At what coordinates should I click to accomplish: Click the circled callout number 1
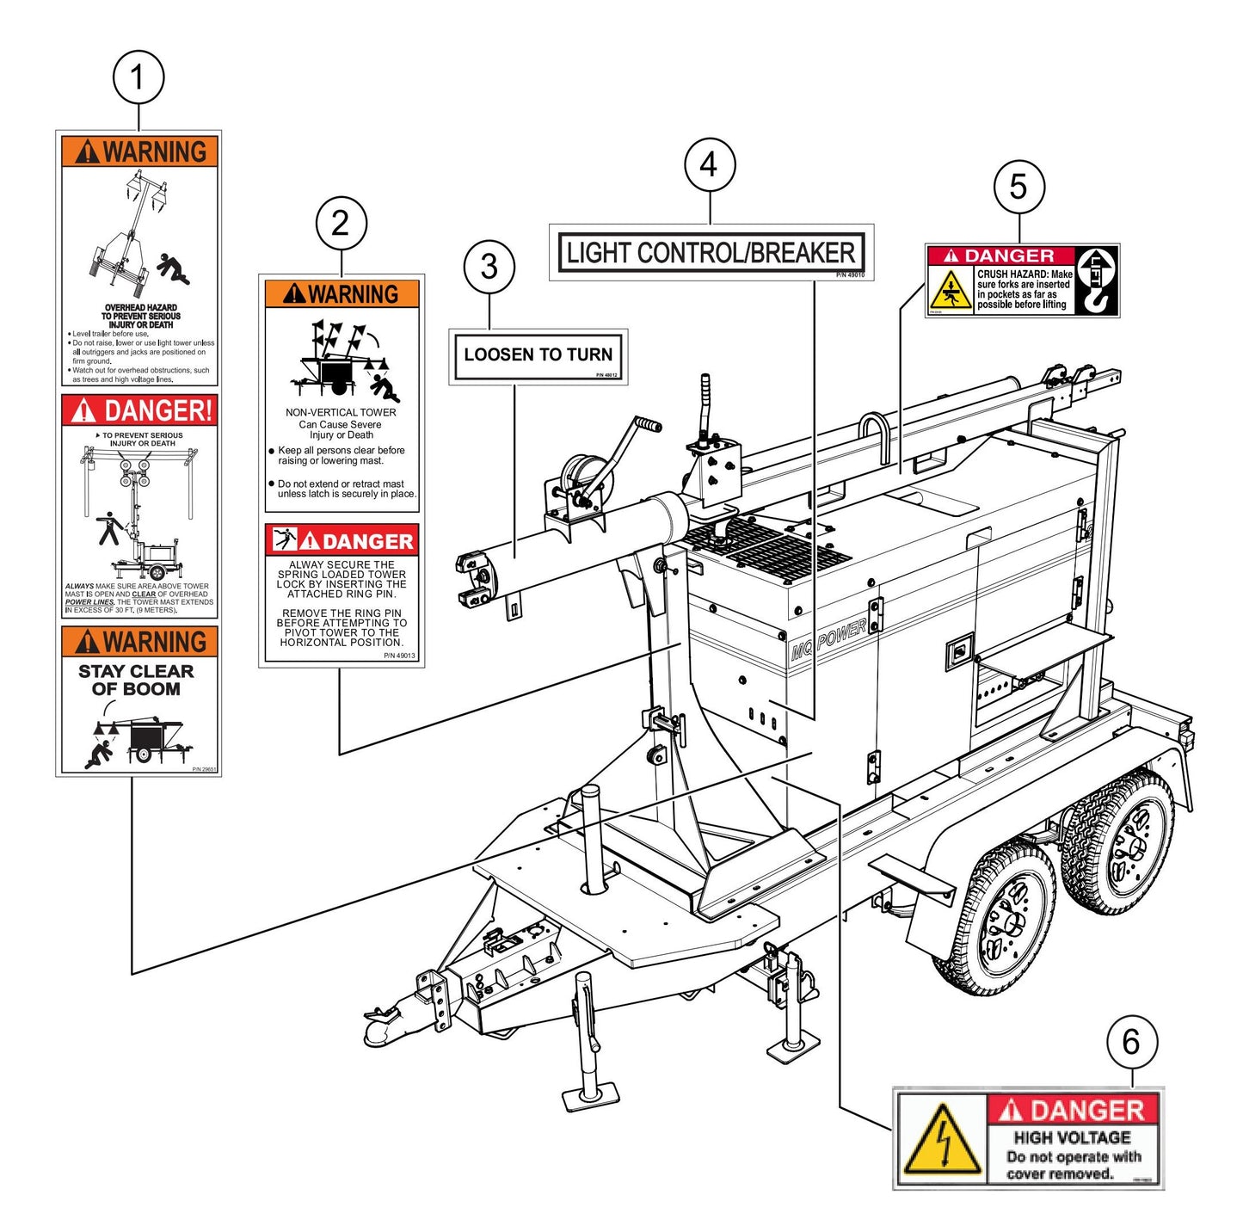[x=138, y=78]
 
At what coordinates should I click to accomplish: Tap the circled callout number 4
[x=710, y=165]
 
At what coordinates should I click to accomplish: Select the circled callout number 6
[x=1130, y=1042]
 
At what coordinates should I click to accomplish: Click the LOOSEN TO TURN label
[x=538, y=354]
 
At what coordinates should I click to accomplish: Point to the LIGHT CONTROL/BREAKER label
[x=711, y=253]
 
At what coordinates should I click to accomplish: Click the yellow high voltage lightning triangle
[x=944, y=1139]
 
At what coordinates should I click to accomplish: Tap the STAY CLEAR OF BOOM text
[x=136, y=680]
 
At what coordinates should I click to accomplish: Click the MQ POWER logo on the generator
[x=828, y=640]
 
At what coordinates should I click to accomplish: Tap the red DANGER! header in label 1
[x=139, y=410]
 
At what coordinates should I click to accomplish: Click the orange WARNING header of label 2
[x=342, y=294]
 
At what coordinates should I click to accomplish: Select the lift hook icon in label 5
[x=1098, y=280]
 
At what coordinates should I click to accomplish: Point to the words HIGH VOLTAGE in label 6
[x=1072, y=1137]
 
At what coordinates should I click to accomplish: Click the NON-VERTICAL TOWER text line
[x=341, y=412]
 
